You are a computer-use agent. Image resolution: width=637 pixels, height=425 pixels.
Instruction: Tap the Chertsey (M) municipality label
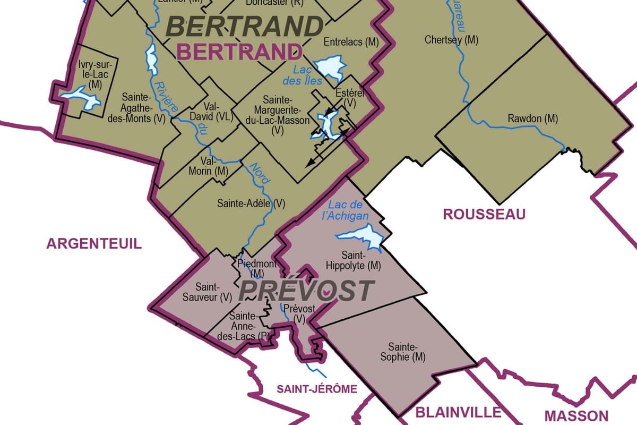tap(452, 40)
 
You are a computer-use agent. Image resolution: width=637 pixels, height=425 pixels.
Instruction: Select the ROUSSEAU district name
tap(484, 214)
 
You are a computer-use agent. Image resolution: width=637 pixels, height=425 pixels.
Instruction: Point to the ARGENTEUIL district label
tap(94, 244)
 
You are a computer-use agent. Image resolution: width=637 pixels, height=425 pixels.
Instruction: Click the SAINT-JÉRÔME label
tap(317, 389)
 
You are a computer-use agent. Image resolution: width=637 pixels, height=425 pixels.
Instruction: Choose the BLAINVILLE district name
tap(458, 412)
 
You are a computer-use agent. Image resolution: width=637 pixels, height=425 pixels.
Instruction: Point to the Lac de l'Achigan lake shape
tap(361, 234)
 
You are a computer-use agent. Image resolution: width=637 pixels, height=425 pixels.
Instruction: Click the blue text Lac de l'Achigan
tap(348, 210)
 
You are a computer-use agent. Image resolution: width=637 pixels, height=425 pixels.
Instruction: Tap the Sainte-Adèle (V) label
tap(251, 203)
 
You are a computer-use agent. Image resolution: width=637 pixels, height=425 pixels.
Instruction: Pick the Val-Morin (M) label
tap(208, 166)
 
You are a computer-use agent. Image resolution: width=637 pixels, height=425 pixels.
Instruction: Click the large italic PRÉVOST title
tap(306, 291)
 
